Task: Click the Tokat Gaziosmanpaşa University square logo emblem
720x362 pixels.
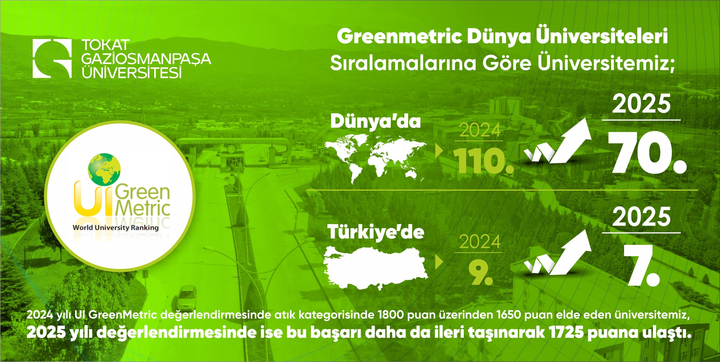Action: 52,58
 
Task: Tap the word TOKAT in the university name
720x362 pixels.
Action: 105,45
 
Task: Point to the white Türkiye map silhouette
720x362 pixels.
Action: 375,267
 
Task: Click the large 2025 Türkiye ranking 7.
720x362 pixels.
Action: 641,266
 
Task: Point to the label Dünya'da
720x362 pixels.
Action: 375,122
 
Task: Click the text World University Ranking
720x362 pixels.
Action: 116,228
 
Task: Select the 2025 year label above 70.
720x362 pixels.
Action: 641,104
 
